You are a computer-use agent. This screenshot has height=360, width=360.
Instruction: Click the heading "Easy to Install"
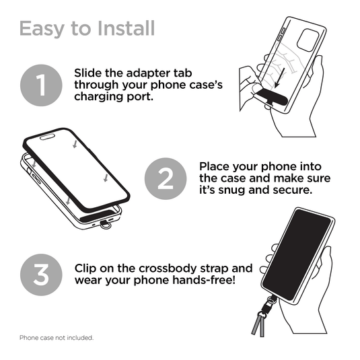(87, 29)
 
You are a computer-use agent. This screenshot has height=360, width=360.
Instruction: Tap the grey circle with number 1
(42, 86)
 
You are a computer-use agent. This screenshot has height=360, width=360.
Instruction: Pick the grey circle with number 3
(42, 274)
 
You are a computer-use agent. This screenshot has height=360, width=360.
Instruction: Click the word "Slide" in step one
(89, 73)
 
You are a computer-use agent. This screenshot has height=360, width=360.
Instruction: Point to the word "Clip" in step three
(86, 267)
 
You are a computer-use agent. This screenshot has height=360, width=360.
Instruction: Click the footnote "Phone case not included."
(57, 337)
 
